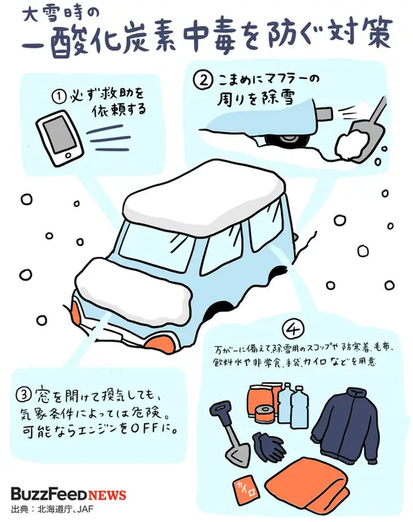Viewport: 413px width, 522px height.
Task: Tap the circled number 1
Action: [x=58, y=97]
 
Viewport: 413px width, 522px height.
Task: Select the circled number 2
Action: [x=203, y=81]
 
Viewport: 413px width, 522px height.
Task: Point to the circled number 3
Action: [x=24, y=395]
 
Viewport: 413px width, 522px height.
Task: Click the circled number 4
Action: [x=293, y=329]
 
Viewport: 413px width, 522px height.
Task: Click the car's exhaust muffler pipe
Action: [x=323, y=114]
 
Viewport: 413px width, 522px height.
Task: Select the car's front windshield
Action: [x=156, y=246]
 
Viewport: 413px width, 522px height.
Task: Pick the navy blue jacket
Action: [x=346, y=422]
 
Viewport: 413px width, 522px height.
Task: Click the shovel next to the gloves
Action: [x=230, y=433]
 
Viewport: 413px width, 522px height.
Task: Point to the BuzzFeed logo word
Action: [x=49, y=494]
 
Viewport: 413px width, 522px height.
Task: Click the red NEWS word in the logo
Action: [x=107, y=495]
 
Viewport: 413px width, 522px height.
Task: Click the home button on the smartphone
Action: [x=69, y=156]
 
